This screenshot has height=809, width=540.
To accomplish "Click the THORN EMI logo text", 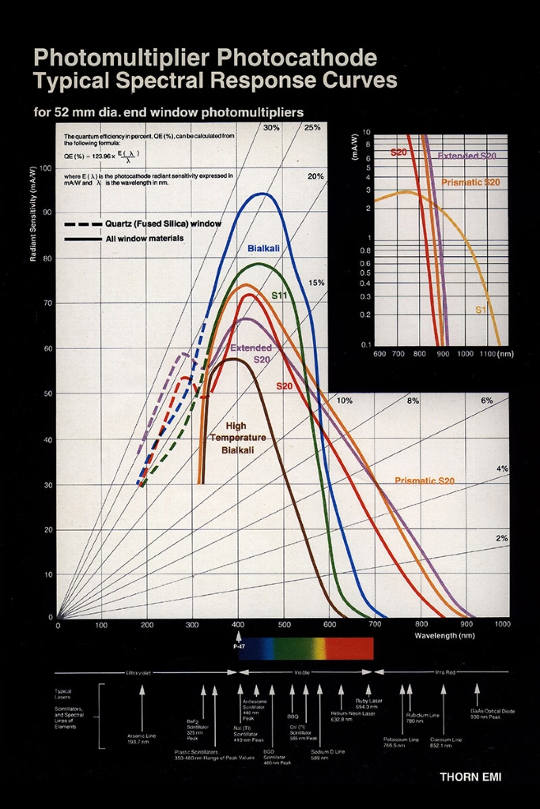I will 470,777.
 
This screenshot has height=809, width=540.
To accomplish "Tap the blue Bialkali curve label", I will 263,249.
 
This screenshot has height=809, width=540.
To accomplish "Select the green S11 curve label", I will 279,295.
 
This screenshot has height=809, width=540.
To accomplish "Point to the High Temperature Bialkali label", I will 237,438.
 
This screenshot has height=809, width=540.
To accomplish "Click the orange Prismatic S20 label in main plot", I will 425,480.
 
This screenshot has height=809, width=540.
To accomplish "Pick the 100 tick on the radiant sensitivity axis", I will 45,168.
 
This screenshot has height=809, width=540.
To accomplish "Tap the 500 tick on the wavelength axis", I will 284,625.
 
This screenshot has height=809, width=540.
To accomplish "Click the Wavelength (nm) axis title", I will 444,634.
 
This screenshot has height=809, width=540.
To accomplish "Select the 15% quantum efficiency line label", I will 315,282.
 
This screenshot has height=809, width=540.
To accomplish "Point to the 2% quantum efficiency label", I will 501,538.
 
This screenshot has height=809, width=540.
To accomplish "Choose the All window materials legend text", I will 145,238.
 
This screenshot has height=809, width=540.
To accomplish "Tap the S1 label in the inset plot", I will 481,310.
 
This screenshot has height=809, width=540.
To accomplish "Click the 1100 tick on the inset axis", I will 488,354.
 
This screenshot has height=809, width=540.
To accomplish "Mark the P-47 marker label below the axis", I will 239,645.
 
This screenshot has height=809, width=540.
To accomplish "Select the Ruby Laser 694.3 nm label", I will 368,703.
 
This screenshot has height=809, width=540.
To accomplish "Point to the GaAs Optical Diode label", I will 492,713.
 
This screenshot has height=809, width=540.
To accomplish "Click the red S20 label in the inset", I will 399,151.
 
